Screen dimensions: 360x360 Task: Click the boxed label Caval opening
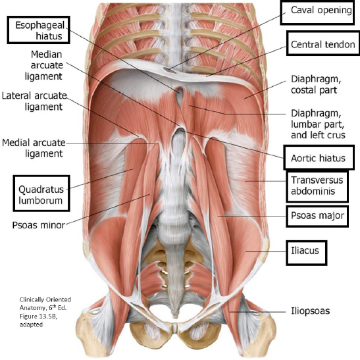pos(317,13)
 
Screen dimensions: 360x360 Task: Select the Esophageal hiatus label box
pos(39,30)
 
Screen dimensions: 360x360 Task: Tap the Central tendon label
pos(322,43)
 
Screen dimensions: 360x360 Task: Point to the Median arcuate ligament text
pos(44,65)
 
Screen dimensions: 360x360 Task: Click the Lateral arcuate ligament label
pos(34,101)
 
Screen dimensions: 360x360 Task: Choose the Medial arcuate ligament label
pos(34,148)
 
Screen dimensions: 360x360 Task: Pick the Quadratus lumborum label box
pos(41,193)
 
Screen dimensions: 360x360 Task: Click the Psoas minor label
pos(39,225)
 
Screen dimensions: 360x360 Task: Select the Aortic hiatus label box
pos(319,157)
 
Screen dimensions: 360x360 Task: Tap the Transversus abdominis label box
pos(317,186)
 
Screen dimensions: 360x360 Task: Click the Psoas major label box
pos(317,216)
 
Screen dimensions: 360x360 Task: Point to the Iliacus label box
pos(306,253)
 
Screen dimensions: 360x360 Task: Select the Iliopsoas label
pos(311,311)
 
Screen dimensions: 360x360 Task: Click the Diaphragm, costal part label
pos(316,84)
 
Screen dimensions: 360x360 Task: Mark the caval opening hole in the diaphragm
pos(169,70)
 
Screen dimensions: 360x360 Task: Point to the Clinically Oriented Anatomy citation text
pos(45,312)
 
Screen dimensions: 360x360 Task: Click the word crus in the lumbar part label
pos(336,135)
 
